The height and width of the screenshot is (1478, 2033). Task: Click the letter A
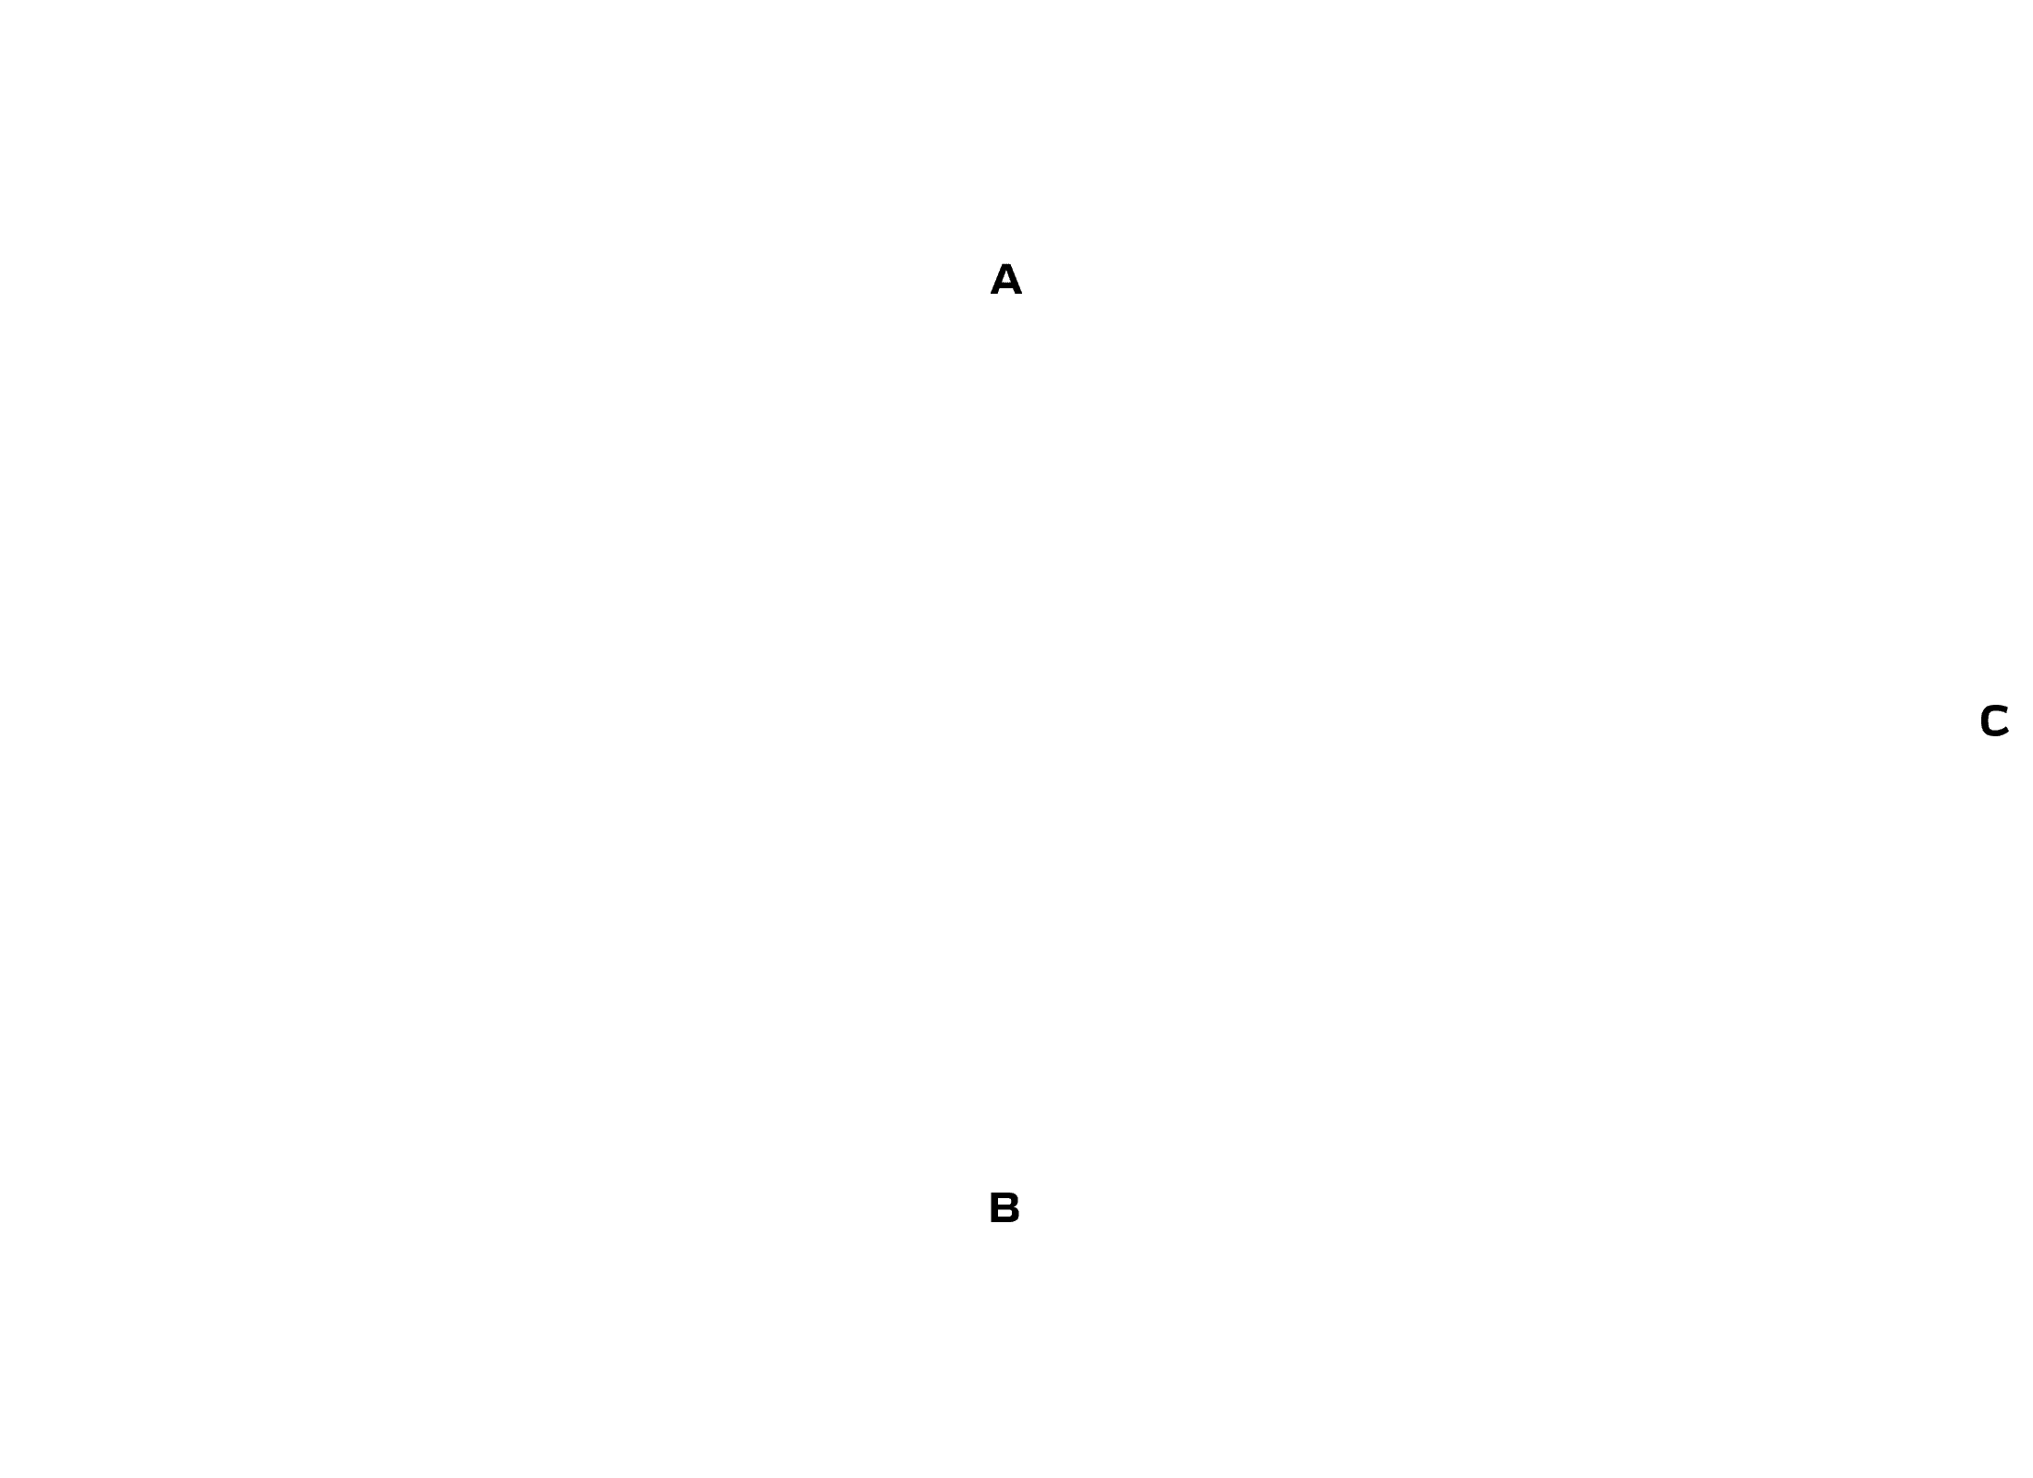[1005, 280]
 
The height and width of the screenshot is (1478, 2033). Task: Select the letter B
[1004, 1208]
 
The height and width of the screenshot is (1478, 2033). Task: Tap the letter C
[1993, 721]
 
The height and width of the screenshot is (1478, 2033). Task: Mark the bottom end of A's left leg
[994, 294]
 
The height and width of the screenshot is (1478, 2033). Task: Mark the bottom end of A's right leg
[1017, 294]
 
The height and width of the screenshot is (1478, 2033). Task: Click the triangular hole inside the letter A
[1005, 279]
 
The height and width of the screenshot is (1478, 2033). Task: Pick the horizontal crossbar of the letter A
[1005, 286]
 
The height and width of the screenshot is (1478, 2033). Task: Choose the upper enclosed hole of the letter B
[1004, 1202]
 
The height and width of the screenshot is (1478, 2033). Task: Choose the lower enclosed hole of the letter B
[1005, 1214]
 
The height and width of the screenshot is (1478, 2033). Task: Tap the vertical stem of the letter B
[994, 1208]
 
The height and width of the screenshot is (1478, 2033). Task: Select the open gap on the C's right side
[2004, 721]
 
